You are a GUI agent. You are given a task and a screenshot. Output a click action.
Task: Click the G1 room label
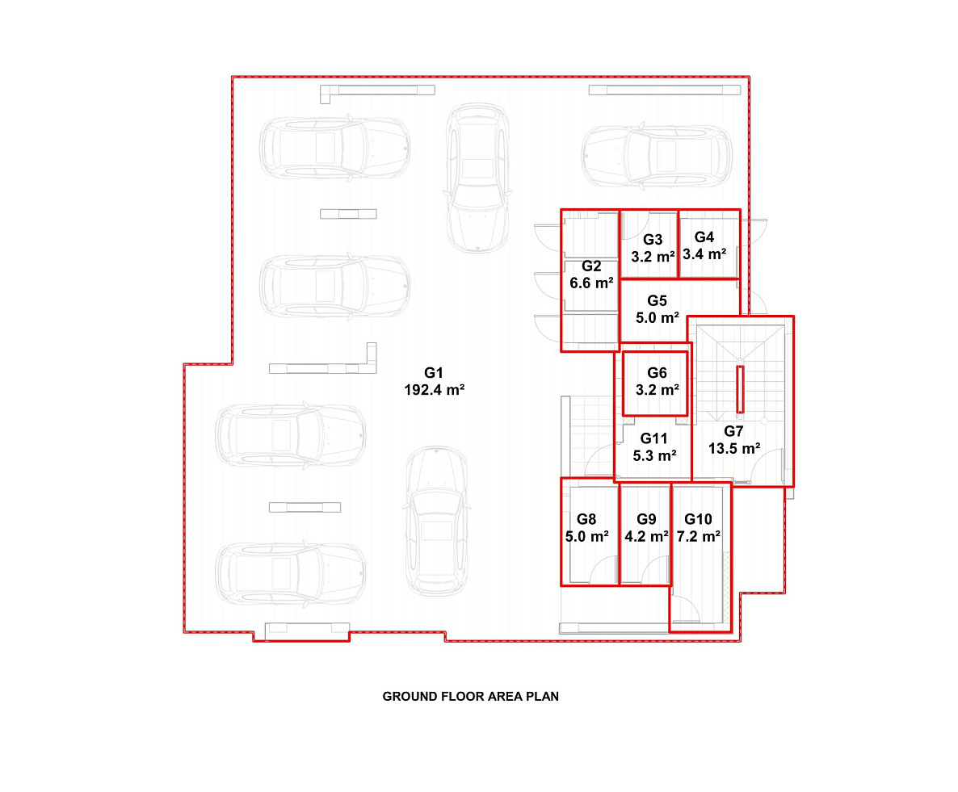(x=433, y=372)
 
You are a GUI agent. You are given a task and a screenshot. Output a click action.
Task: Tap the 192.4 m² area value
(x=435, y=390)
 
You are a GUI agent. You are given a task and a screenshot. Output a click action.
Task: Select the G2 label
(x=590, y=266)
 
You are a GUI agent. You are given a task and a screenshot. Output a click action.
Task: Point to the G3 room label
(x=653, y=239)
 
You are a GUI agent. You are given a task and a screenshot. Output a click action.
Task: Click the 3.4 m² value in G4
(x=704, y=254)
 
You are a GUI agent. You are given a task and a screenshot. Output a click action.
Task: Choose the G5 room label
(x=657, y=300)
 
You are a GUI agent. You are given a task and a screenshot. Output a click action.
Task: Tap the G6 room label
(x=657, y=372)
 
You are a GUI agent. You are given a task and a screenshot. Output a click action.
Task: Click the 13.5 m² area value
(x=734, y=448)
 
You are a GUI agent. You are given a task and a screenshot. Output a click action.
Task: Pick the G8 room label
(x=586, y=519)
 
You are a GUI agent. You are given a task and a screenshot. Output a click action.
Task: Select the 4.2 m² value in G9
(x=646, y=536)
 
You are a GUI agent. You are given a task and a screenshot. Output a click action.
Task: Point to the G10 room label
(x=698, y=519)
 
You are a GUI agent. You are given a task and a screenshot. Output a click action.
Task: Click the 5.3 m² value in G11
(x=654, y=455)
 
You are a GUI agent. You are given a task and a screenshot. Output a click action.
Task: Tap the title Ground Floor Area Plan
(x=470, y=696)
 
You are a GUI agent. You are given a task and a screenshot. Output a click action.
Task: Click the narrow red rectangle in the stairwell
(x=740, y=389)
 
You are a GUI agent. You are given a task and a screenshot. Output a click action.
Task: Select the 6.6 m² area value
(x=591, y=283)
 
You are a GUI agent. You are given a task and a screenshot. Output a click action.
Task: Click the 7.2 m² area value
(x=699, y=536)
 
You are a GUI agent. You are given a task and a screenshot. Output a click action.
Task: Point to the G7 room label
(x=733, y=431)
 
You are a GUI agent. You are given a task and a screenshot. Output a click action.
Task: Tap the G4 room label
(x=704, y=237)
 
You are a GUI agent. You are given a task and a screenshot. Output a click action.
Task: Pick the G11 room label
(x=653, y=438)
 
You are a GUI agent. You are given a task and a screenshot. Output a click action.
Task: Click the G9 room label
(x=646, y=519)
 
